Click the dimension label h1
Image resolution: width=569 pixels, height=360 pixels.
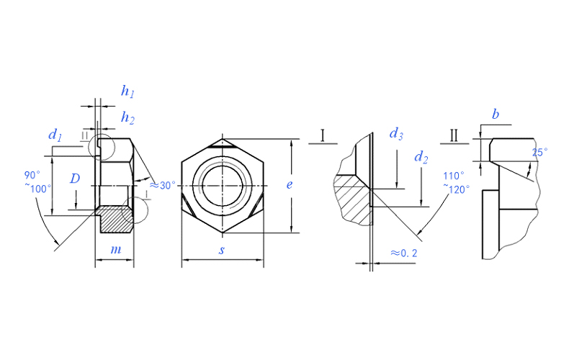tap(128, 91)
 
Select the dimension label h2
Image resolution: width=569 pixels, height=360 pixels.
tap(128, 117)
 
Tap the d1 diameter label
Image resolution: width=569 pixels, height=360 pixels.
tap(55, 135)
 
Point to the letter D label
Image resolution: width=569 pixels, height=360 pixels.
tap(75, 179)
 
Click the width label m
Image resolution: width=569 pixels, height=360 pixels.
tap(115, 249)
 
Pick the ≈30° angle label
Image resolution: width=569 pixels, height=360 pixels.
tap(163, 185)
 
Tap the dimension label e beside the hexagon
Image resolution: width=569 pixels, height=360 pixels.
tap(289, 184)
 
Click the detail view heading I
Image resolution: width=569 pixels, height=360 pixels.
tap(323, 135)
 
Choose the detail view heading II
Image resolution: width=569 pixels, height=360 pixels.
tap(454, 135)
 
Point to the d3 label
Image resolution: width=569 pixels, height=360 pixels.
tap(395, 133)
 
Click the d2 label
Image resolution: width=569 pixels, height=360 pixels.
tap(421, 157)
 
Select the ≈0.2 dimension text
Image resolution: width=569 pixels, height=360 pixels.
tap(405, 253)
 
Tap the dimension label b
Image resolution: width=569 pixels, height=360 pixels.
tap(496, 114)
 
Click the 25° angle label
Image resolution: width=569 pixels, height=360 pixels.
tap(539, 152)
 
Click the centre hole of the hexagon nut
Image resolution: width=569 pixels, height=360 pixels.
tap(222, 184)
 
